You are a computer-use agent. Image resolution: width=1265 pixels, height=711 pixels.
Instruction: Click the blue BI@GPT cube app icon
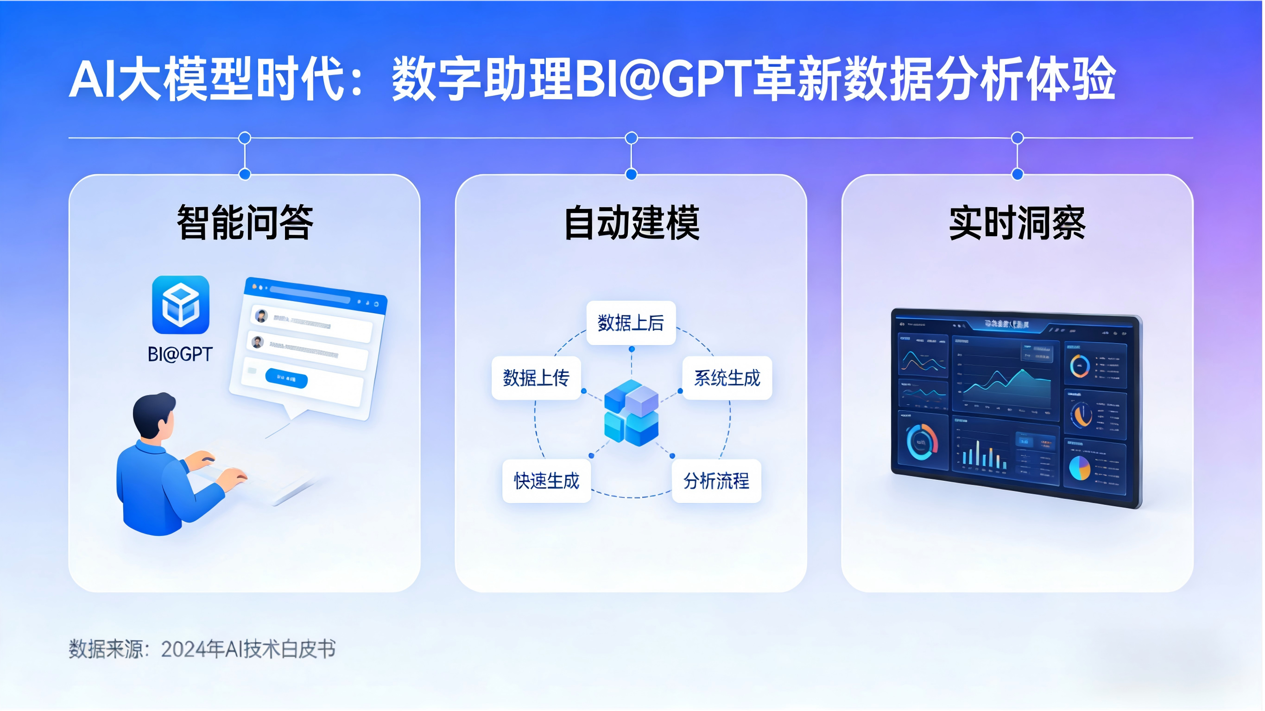point(181,304)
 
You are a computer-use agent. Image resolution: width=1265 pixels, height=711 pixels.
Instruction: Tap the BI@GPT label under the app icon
point(180,353)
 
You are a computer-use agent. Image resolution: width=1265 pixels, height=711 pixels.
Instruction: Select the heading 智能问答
point(245,223)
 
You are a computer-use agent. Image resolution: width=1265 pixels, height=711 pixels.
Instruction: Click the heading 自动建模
point(632,223)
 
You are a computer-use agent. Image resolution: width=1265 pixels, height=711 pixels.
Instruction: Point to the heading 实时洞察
point(1017,223)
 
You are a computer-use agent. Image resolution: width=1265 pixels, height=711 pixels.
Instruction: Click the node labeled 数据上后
point(631,322)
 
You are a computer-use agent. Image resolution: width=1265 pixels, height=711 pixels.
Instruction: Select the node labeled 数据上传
point(536,378)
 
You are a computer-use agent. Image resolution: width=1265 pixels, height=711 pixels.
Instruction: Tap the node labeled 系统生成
point(727,378)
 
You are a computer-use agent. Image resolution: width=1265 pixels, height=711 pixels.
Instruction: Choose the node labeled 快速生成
point(547,481)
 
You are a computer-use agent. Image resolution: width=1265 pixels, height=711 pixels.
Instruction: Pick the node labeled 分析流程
point(716,481)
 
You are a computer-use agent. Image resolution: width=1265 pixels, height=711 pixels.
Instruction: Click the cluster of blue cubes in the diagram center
point(631,412)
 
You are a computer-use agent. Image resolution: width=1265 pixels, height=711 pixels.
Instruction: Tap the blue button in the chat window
point(286,378)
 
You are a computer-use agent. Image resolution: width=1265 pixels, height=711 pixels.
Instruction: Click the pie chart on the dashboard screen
point(1079,468)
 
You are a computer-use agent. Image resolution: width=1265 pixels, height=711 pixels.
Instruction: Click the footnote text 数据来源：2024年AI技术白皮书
point(202,648)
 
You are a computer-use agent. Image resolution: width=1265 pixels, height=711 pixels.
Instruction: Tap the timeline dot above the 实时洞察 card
point(1018,138)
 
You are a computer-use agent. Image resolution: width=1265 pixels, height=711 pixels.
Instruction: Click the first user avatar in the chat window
point(261,316)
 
